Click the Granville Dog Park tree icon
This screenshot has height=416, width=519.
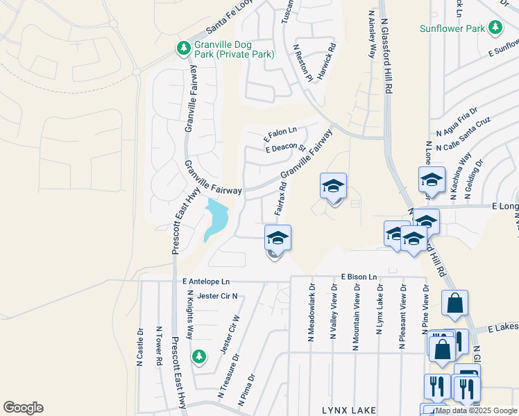183,49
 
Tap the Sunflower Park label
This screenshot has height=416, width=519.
452,28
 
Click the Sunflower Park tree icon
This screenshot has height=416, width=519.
495,27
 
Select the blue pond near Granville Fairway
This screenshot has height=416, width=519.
216,218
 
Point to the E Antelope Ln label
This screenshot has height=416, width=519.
205,281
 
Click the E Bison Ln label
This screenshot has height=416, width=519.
358,277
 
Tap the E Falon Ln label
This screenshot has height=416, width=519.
280,131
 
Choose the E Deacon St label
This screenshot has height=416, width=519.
286,148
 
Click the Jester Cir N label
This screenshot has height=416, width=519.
217,296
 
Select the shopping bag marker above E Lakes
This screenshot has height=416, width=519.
454,303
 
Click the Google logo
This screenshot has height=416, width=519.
23,408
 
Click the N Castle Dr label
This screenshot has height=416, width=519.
140,346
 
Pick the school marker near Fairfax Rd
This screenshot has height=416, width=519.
278,239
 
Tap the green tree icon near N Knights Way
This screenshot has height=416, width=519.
198,356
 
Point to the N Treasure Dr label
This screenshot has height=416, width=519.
229,376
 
